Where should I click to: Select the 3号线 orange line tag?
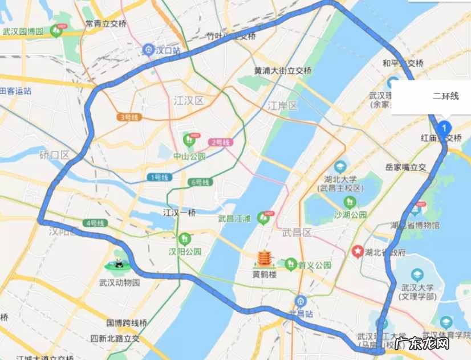pos(129,117)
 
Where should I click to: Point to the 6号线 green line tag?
pos(199,182)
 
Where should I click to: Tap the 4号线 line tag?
pos(94,223)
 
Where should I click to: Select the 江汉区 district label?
pos(188,101)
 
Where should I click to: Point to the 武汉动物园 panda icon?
pos(118,264)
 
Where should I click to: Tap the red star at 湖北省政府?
pos(358,250)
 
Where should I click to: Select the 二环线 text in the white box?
pos(445,96)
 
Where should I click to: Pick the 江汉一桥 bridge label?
pos(180,213)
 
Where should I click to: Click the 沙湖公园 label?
pos(351,215)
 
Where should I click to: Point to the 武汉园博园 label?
pos(23,31)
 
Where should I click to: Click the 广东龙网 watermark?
pos(421,343)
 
